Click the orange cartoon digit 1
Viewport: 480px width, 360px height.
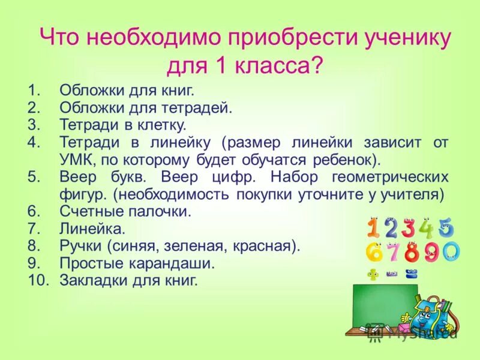click(x=373, y=228)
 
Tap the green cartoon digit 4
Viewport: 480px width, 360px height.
click(x=427, y=228)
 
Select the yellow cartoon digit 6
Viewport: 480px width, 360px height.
click(x=374, y=253)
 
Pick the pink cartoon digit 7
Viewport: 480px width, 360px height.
click(x=392, y=253)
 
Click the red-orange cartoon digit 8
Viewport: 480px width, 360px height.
click(x=411, y=253)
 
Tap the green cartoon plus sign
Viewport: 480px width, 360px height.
click(x=373, y=275)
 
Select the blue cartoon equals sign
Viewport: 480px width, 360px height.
click(x=411, y=275)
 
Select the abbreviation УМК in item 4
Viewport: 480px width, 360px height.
click(x=77, y=160)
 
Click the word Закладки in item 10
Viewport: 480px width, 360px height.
click(x=88, y=280)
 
